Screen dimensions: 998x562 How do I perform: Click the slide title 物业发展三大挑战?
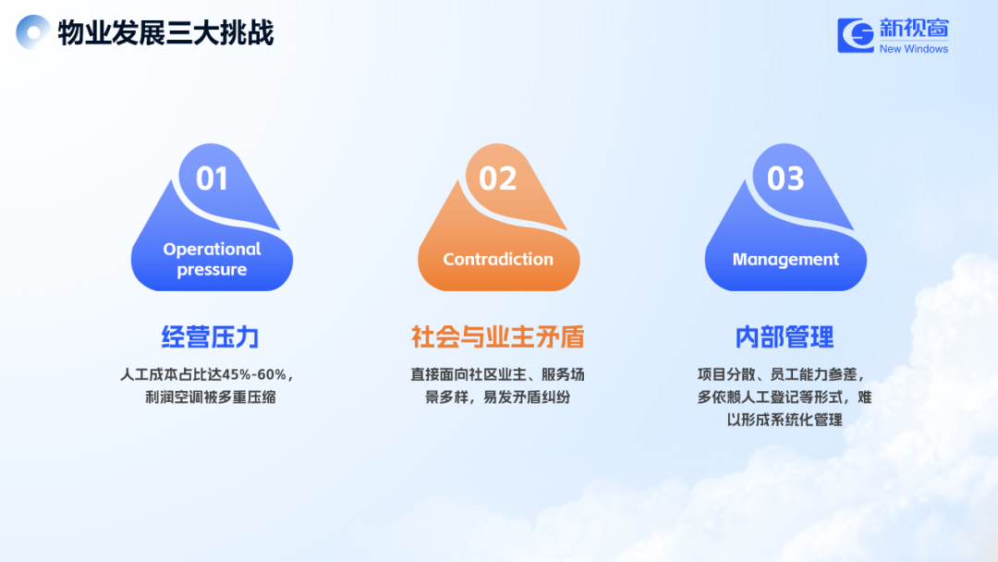click(165, 33)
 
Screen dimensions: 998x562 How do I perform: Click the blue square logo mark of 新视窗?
click(856, 35)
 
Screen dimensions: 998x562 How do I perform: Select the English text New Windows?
click(913, 49)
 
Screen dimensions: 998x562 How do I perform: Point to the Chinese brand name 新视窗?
click(914, 28)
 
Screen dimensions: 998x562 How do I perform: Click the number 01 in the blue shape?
click(212, 178)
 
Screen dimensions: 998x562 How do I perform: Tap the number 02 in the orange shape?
click(498, 178)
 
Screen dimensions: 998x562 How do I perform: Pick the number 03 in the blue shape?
click(785, 178)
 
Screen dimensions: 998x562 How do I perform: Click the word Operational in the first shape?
click(212, 249)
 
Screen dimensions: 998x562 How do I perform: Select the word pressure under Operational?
click(212, 270)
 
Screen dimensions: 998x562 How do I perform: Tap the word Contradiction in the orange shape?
click(498, 259)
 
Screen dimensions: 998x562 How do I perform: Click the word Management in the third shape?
click(785, 260)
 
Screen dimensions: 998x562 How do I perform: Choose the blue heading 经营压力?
click(211, 336)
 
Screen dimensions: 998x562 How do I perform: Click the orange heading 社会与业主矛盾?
click(498, 336)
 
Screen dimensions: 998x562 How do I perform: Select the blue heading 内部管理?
click(785, 336)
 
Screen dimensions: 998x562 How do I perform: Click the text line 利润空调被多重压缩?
click(211, 397)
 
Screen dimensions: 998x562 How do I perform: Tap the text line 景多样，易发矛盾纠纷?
click(498, 397)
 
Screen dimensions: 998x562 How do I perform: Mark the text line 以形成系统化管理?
click(785, 420)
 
